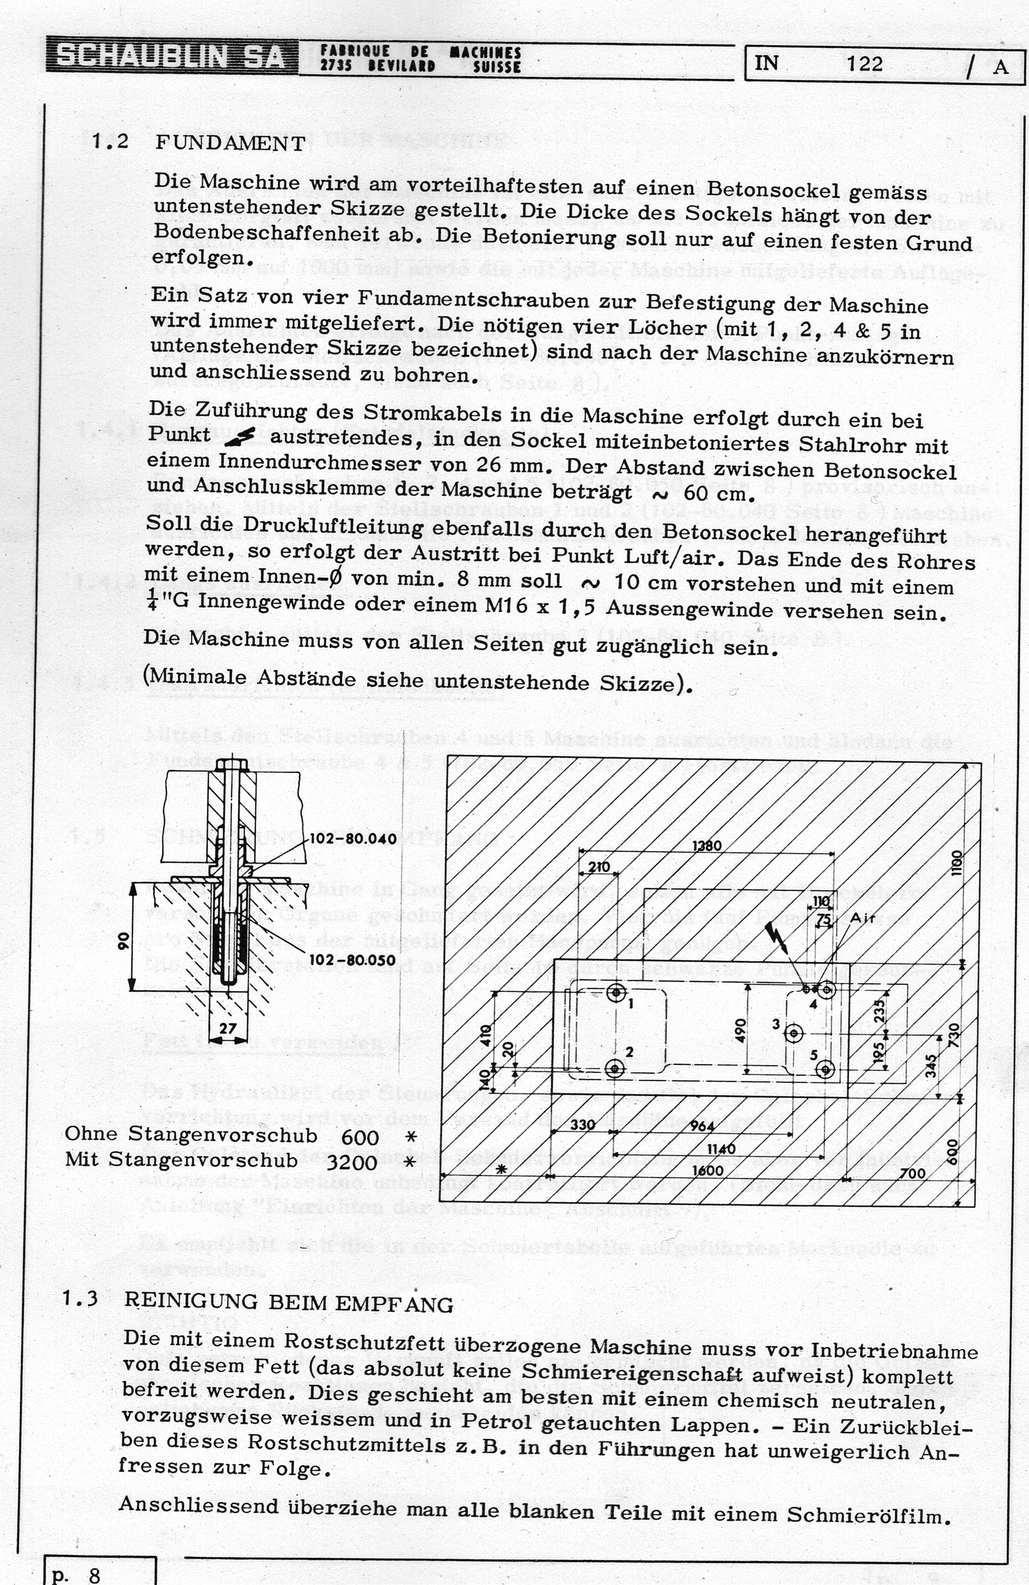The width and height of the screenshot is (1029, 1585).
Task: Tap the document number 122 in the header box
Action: (865, 64)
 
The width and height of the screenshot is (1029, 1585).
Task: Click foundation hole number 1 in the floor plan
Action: (616, 993)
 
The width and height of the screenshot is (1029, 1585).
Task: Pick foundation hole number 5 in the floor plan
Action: (825, 1069)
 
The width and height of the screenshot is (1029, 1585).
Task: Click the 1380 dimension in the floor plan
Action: (706, 846)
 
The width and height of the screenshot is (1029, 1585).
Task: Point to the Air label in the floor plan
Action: (862, 919)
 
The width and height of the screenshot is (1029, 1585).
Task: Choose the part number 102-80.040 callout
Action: (353, 838)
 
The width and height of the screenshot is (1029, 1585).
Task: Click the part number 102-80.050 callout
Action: (353, 959)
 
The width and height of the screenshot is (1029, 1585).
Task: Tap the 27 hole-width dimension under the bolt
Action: (228, 1028)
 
